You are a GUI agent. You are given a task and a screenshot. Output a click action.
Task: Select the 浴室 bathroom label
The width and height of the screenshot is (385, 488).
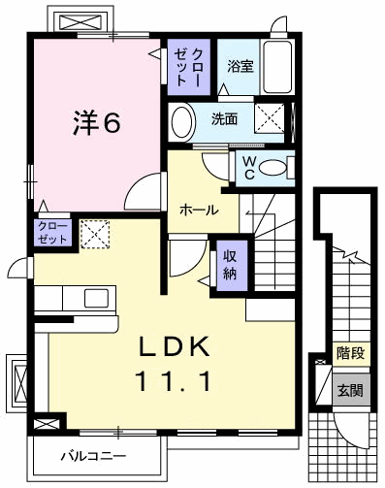click(240, 67)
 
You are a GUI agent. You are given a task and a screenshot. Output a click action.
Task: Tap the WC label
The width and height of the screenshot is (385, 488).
click(249, 167)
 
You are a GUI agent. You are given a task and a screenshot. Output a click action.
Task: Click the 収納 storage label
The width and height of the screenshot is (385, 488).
click(230, 263)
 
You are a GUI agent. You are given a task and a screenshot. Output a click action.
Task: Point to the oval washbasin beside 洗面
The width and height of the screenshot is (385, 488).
click(181, 122)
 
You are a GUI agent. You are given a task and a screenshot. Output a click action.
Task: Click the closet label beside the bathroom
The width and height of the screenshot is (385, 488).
click(185, 68)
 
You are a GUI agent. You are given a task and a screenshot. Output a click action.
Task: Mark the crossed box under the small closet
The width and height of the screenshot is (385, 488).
click(94, 234)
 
